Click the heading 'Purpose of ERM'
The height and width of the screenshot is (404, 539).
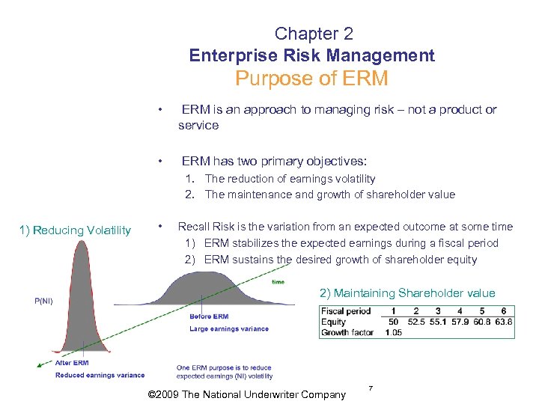click(311, 79)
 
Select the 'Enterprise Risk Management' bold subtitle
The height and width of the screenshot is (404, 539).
click(311, 55)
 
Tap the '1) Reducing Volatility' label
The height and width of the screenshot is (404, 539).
click(76, 230)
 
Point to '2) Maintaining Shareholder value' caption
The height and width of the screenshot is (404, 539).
click(407, 293)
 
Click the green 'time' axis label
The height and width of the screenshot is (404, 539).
click(278, 282)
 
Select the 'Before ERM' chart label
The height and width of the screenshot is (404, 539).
click(209, 316)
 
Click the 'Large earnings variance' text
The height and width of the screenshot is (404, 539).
click(228, 328)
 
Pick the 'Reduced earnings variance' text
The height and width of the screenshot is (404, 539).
click(100, 376)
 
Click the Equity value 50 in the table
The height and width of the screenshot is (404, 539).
click(394, 322)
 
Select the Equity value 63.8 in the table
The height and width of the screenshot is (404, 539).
click(504, 322)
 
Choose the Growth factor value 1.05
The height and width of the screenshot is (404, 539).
click(394, 332)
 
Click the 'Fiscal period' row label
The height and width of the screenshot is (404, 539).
click(345, 311)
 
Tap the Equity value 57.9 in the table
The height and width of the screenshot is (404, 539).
click(460, 322)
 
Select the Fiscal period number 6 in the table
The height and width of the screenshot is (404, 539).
click(504, 311)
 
